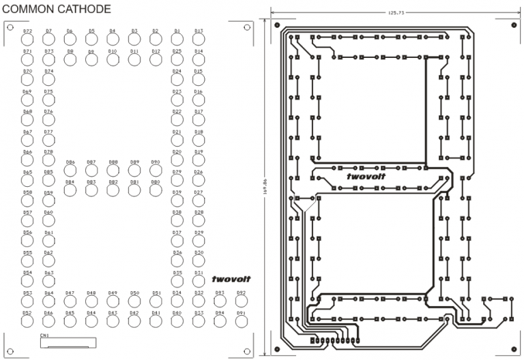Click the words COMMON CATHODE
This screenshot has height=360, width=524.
point(57,9)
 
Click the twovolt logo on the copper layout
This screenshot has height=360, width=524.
point(366,177)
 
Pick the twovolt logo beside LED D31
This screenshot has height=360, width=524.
point(231,279)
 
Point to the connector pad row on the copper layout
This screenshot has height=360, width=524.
point(334,339)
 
